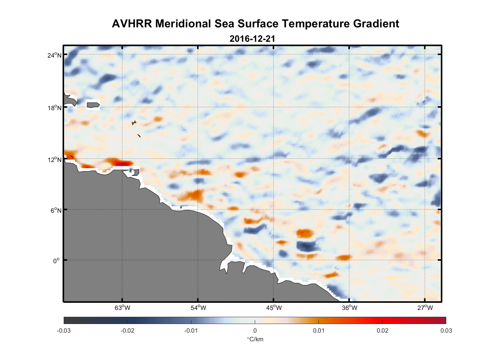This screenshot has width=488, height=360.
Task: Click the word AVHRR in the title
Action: coord(132,24)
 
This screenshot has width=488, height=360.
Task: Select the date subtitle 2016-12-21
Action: coord(252,39)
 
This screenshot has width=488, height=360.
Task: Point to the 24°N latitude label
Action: coord(55,55)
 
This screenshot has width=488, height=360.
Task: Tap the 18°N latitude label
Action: coord(55,108)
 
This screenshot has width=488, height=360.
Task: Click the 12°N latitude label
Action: coord(55,159)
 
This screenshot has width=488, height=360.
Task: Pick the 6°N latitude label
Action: coord(56,210)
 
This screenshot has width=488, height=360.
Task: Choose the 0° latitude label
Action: coord(57,261)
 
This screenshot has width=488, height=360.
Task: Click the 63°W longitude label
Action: coord(122,308)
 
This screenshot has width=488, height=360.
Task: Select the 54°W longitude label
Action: coord(198,308)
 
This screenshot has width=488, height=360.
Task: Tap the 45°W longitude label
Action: coord(274,308)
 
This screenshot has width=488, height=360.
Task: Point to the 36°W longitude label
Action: coord(349,308)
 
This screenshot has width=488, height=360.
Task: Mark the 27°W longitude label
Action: coord(425,308)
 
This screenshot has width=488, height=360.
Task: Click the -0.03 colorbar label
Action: coord(64,331)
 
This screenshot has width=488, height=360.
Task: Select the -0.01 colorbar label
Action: coord(191,331)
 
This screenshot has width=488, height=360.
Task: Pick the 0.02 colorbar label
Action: coord(383,331)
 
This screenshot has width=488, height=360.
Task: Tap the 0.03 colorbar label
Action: coord(446,331)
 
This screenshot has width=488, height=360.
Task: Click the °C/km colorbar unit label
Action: coord(255,339)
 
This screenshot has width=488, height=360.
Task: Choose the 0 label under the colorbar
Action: coord(255,331)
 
